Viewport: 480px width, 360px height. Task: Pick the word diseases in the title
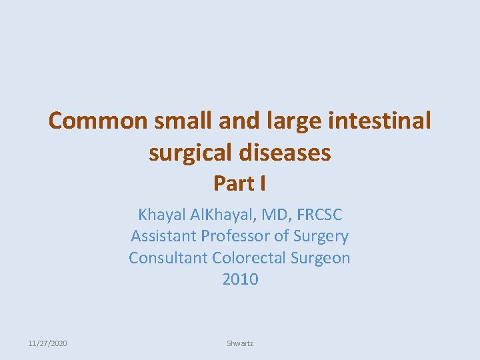point(293,153)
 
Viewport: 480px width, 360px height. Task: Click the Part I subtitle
point(239,183)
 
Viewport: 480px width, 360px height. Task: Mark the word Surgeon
point(319,257)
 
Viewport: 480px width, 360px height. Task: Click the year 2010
point(240,279)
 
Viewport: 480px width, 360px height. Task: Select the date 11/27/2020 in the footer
point(47,343)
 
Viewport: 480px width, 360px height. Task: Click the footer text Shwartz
point(240,343)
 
